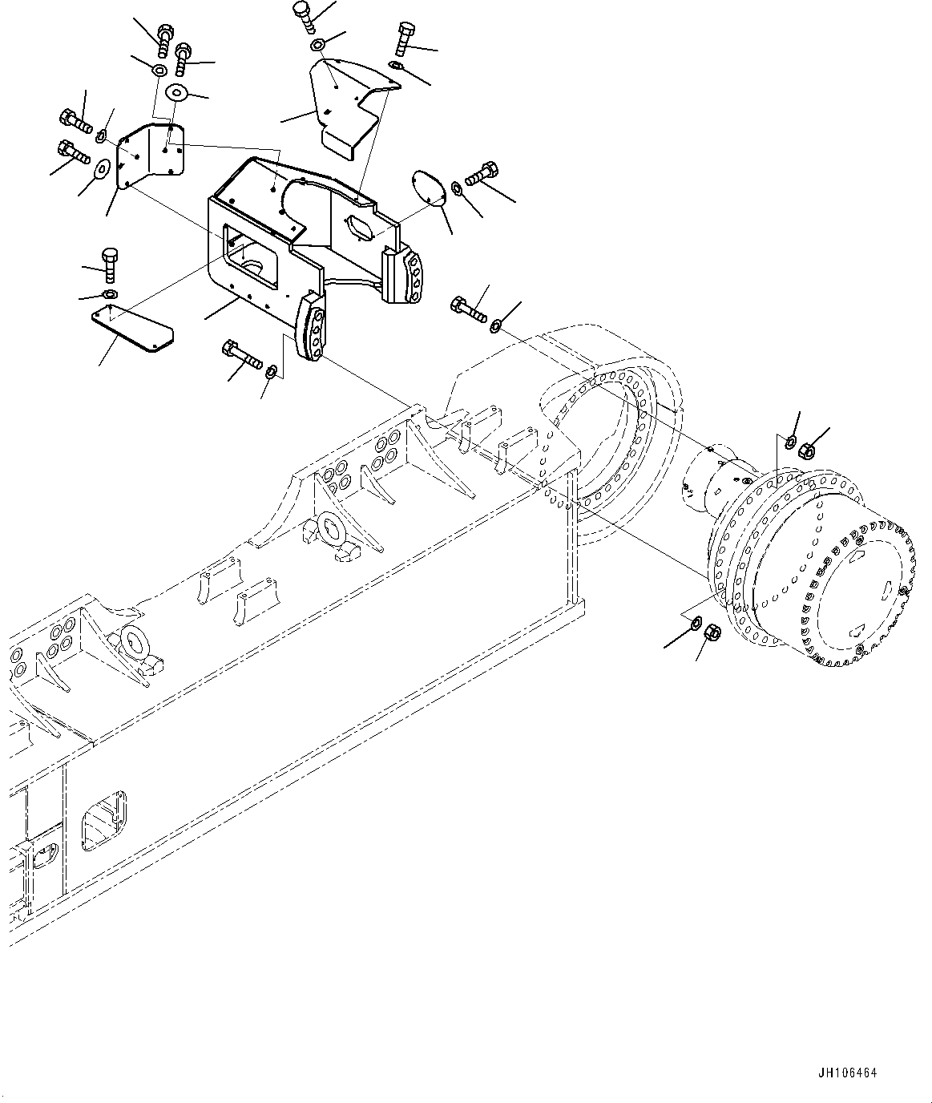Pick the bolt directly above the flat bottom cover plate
pos(111,264)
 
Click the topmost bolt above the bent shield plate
pos(303,16)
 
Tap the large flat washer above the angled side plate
pos(176,93)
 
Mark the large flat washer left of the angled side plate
pos(102,168)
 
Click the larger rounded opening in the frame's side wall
pos(104,819)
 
